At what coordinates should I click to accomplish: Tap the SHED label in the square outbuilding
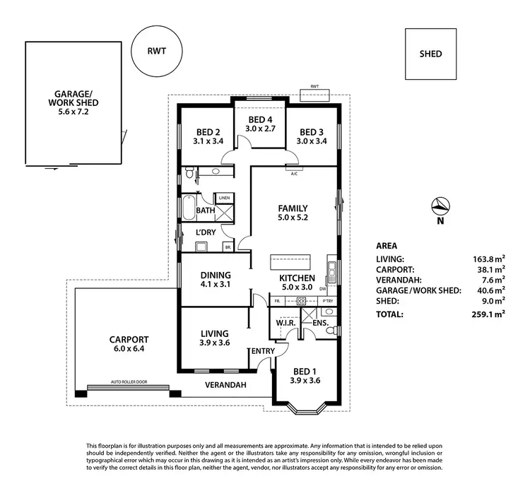point(430,54)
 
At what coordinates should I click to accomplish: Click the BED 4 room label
point(259,119)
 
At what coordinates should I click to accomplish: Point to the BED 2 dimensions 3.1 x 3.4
point(208,141)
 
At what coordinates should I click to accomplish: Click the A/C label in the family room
point(295,172)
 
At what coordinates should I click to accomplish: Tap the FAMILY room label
point(292,208)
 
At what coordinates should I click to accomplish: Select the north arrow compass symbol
point(440,206)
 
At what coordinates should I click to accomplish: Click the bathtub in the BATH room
point(187,210)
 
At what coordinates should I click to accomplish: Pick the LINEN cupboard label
point(224,197)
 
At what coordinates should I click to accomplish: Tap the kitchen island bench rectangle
point(290,261)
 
